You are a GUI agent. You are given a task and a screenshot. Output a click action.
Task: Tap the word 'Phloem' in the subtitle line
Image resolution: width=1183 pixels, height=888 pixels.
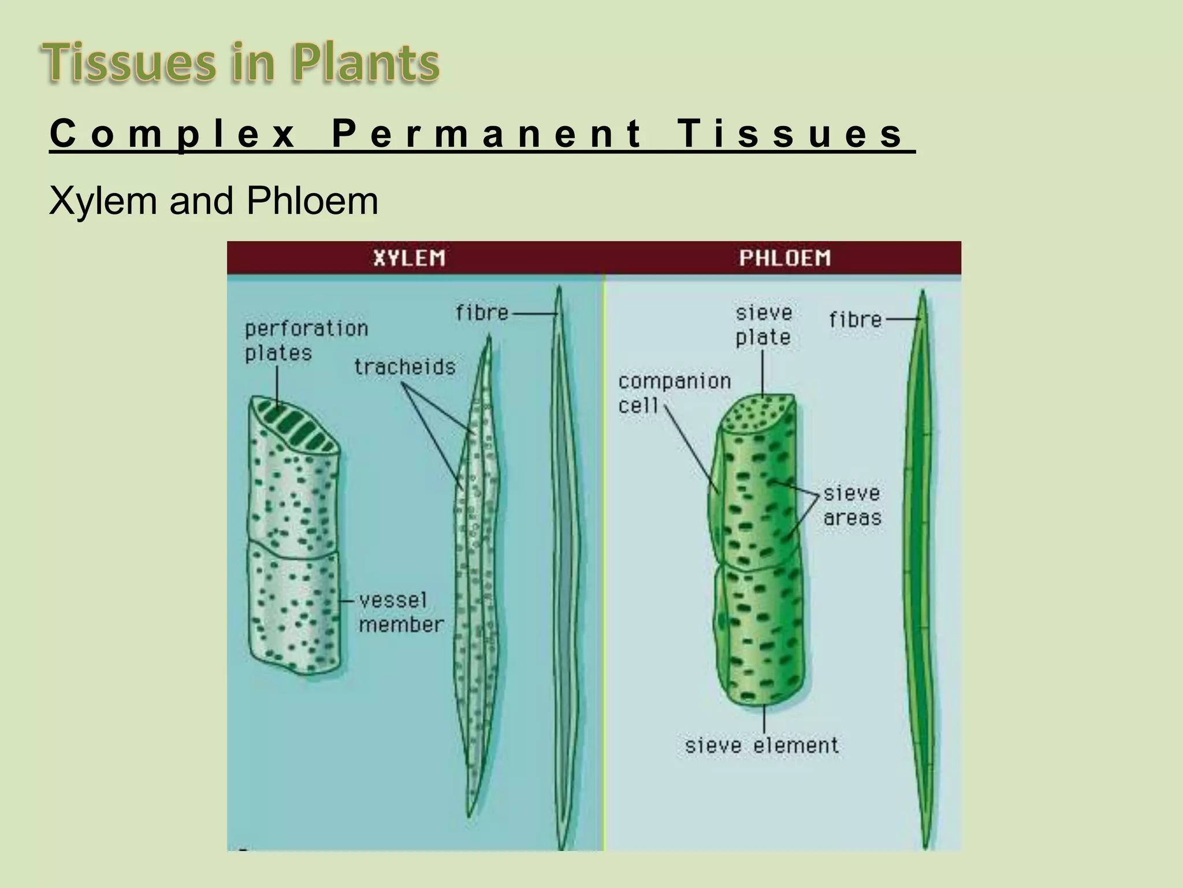coord(312,201)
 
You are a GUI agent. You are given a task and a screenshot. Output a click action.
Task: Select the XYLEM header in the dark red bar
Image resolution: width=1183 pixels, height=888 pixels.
coord(409,258)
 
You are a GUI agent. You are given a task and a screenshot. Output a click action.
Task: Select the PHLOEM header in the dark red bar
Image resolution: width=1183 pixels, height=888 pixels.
coord(784,258)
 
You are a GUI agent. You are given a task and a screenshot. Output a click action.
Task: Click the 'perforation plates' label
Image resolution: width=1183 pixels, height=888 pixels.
coord(306,341)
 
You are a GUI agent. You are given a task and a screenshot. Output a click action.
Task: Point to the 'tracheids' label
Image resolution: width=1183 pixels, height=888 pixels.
coord(404,367)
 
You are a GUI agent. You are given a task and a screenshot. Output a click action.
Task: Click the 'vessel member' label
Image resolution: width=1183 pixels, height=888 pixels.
coord(401,612)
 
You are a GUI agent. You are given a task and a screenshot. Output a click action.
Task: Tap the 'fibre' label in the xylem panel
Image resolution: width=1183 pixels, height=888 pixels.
coord(482,313)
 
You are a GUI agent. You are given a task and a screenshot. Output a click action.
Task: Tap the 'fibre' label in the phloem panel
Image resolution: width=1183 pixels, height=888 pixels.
coord(855,320)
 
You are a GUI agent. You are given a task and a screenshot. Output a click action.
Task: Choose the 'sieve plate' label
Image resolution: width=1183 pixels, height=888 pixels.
coord(763,325)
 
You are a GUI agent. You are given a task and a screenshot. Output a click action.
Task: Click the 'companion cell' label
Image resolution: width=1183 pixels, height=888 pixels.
coord(674,393)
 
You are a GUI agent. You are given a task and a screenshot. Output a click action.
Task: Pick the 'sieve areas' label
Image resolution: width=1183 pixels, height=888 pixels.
coord(852,506)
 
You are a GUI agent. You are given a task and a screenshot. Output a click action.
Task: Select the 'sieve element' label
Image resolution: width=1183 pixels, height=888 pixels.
coord(761,745)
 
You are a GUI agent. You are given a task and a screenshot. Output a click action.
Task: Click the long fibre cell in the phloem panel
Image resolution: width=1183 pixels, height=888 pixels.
coord(921,567)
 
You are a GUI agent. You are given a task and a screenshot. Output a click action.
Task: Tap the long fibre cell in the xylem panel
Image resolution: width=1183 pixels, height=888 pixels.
coord(563,567)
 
